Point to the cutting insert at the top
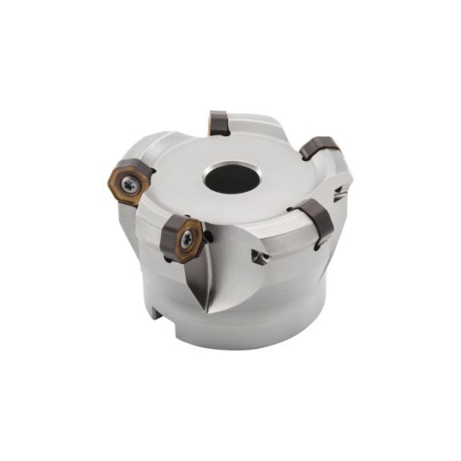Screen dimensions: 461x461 pos(218,123)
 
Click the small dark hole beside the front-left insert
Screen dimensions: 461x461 pos(209,236)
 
